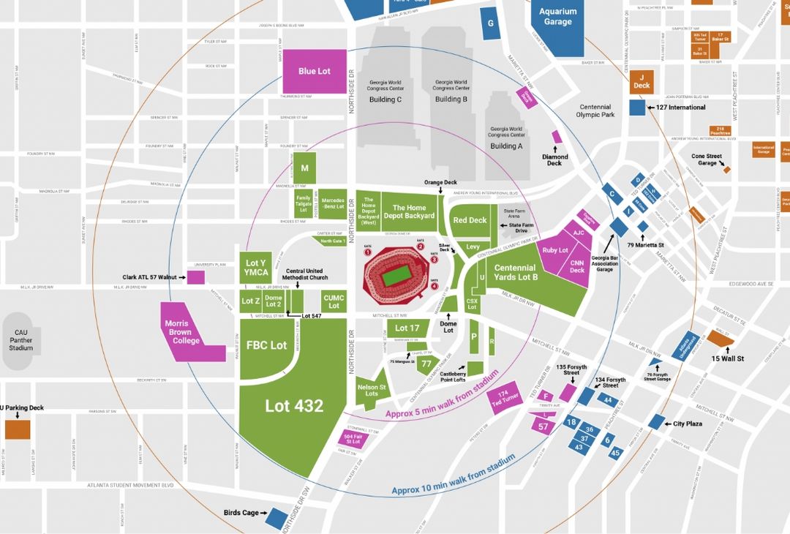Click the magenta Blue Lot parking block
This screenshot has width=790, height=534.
click(x=315, y=71)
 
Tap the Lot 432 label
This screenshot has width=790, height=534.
click(x=294, y=405)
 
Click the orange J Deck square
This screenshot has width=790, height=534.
click(x=642, y=82)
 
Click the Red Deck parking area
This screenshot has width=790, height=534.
click(x=470, y=220)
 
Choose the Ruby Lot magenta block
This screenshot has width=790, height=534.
click(x=555, y=250)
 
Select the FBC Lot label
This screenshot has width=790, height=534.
click(x=266, y=345)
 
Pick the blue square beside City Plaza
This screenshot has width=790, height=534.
click(x=656, y=422)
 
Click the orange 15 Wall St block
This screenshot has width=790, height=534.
click(x=719, y=340)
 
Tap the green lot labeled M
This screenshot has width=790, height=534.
click(x=305, y=168)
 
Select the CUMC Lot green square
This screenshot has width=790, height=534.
click(x=334, y=301)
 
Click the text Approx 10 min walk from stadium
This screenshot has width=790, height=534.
click(x=454, y=474)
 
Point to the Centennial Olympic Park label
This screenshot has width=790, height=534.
click(x=594, y=110)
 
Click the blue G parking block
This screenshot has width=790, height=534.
click(x=489, y=23)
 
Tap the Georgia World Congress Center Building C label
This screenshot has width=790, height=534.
click(x=385, y=92)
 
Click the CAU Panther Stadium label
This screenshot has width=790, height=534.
click(x=20, y=340)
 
